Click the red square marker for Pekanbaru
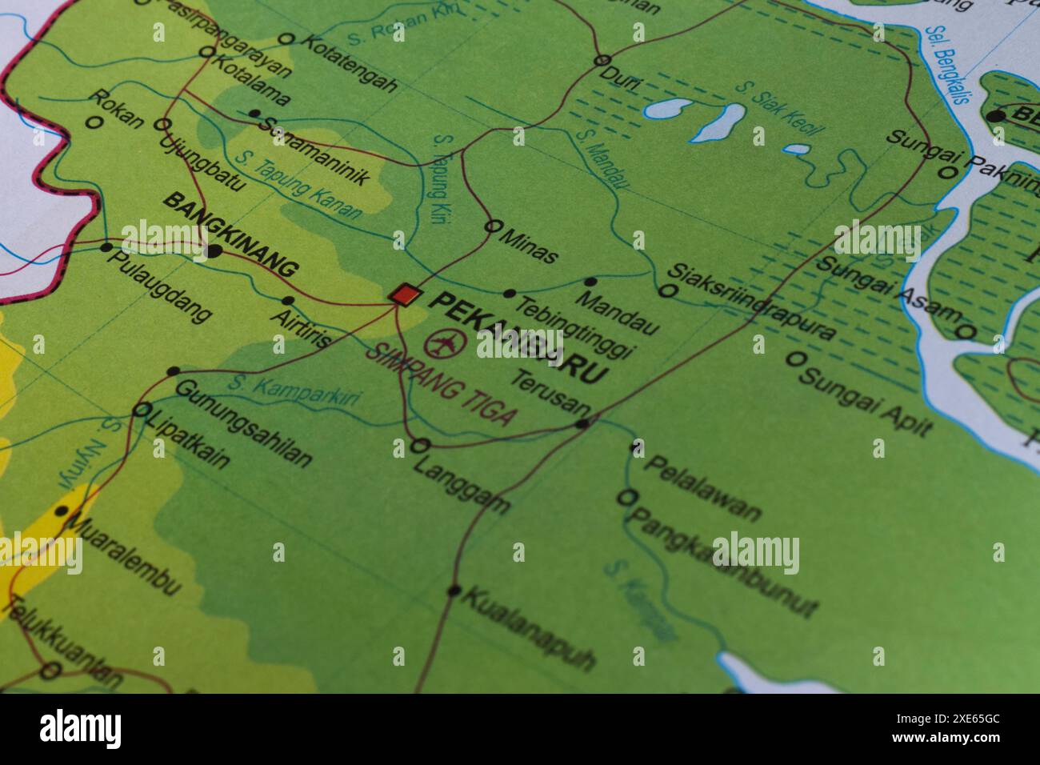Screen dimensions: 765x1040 coord(405,294)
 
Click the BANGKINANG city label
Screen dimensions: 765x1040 coord(230,234)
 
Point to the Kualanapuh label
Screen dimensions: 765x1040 coord(529,628)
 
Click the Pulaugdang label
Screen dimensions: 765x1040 coord(160,286)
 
